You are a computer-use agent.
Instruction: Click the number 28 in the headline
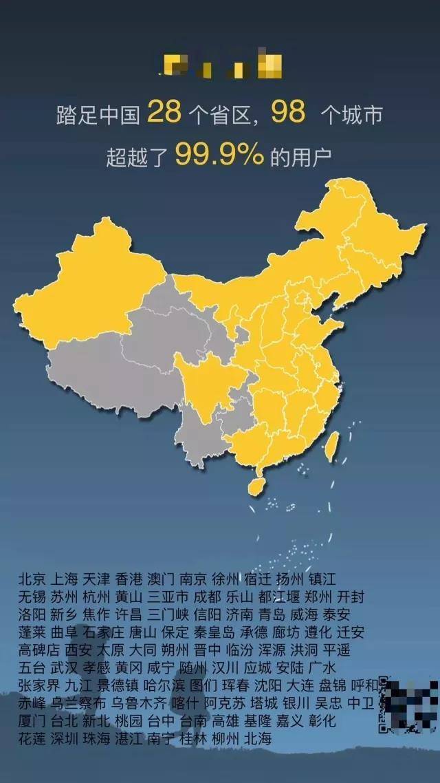[x=164, y=111]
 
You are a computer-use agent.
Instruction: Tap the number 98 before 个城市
[x=288, y=111]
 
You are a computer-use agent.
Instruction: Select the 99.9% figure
[x=219, y=153]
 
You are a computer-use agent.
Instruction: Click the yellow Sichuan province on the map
[x=206, y=382]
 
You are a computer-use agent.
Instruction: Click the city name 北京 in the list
[x=32, y=578]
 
